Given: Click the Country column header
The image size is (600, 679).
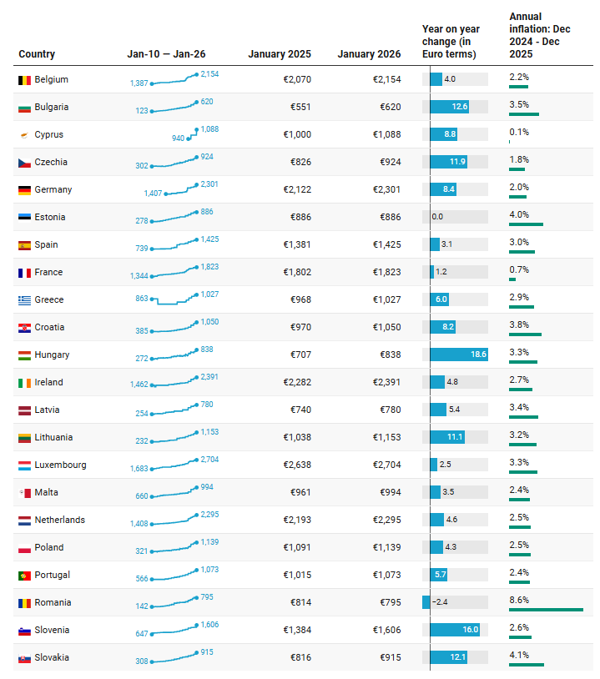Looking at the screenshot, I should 37,54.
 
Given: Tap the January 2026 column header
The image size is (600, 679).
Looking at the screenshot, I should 369,54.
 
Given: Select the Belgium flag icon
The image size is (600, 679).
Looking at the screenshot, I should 24,80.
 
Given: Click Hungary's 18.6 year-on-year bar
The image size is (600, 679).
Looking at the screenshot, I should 458,355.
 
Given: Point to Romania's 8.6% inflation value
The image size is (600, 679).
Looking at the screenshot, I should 519,600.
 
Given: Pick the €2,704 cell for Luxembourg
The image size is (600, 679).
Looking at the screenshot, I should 386,465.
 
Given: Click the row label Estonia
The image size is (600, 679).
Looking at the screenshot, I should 49,217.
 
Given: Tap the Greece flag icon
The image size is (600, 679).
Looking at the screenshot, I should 24,300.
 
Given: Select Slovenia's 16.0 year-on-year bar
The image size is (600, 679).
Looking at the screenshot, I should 455,630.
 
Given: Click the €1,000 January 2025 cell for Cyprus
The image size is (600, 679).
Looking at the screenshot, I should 297,134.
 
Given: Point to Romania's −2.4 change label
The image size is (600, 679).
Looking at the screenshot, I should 440,602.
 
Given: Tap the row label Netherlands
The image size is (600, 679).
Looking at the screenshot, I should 59,520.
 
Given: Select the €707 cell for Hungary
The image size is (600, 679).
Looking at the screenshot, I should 300,355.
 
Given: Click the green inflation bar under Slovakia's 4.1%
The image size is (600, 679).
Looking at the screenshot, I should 526,665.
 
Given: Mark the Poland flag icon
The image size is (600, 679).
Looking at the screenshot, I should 24,548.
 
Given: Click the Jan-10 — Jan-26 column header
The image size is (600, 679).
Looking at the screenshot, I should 166,54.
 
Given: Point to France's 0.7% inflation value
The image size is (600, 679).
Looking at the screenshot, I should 519,269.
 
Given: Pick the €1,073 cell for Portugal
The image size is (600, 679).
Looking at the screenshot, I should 386,575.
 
